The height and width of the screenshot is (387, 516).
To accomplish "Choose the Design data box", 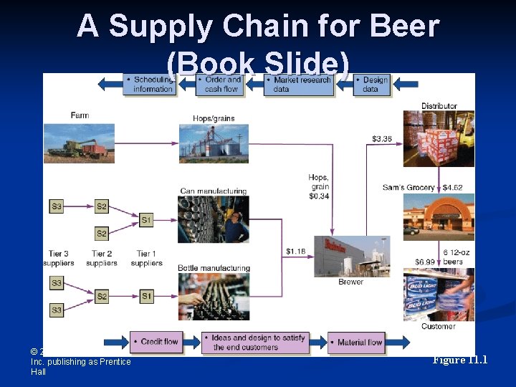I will tap(373, 85).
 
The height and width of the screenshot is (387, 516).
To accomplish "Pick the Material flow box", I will tap(356, 342).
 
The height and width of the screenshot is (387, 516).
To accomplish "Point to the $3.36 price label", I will tap(382, 138).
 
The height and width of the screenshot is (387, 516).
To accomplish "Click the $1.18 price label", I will tap(296, 251).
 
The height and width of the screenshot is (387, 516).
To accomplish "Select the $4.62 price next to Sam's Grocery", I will tap(453, 188).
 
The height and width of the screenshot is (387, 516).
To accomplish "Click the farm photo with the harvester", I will tap(79, 143).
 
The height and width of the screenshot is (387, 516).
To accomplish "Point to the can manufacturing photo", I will tap(214, 219).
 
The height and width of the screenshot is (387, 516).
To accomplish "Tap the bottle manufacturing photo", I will tap(214, 296).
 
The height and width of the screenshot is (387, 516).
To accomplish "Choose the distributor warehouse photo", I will tap(439, 138).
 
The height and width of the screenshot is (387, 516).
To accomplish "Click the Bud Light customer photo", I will tap(439, 294).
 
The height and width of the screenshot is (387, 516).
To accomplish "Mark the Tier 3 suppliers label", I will tap(59, 258).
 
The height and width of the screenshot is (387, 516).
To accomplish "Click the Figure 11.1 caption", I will tap(460, 360).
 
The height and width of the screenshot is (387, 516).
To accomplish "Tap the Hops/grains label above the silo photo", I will tap(214, 118).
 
